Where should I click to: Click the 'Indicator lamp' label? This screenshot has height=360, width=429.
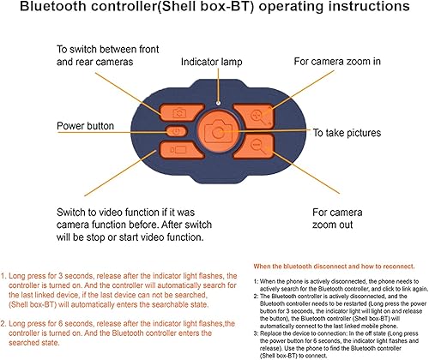coord(221,62)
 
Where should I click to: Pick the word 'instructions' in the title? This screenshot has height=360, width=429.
coord(367,10)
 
